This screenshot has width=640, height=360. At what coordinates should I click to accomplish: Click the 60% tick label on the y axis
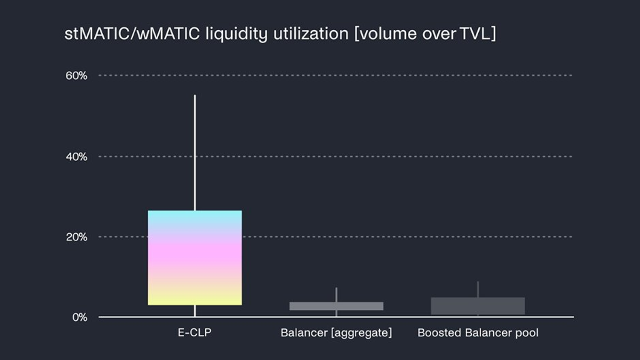pyautogui.click(x=76, y=76)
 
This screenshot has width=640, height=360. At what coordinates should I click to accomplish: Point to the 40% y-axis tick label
pyautogui.click(x=76, y=157)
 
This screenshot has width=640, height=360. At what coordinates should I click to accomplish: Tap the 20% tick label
pyautogui.click(x=76, y=237)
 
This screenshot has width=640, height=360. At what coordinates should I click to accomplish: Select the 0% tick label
pyautogui.click(x=79, y=317)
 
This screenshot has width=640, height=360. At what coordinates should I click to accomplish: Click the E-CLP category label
pyautogui.click(x=195, y=333)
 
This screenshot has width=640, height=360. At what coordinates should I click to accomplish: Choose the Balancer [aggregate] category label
pyautogui.click(x=336, y=333)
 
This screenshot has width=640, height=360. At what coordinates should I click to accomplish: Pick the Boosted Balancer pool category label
pyautogui.click(x=478, y=333)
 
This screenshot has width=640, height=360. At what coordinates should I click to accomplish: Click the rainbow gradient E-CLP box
pyautogui.click(x=195, y=258)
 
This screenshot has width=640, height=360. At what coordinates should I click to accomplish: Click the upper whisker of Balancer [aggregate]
pyautogui.click(x=336, y=294)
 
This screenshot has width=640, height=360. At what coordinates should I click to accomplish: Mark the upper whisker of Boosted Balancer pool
pyautogui.click(x=478, y=289)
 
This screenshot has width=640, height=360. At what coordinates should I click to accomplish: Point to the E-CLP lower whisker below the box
pyautogui.click(x=195, y=311)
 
